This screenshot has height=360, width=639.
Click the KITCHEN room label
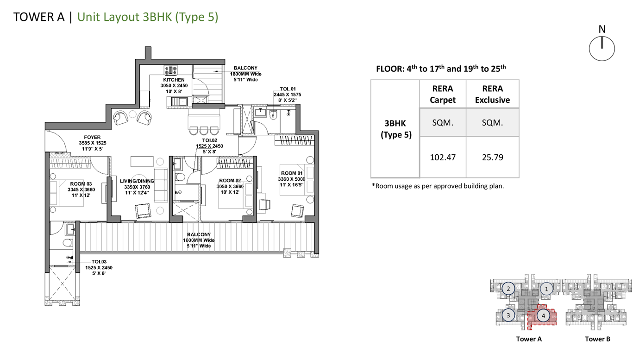tap(174, 80)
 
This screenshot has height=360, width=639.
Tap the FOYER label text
tap(92, 137)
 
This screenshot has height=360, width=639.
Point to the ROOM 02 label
tap(230, 180)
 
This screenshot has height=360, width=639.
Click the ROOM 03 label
tap(81, 184)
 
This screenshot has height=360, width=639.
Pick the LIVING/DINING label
tap(137, 181)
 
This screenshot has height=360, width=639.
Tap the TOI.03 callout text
tap(99, 262)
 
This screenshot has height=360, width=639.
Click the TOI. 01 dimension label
tap(288, 95)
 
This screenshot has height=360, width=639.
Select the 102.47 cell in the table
tap(443, 158)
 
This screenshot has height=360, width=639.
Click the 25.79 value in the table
tap(493, 158)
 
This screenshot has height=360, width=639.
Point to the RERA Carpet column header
tap(443, 94)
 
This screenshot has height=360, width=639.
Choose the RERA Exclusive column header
tap(493, 94)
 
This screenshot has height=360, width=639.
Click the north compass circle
tap(602, 61)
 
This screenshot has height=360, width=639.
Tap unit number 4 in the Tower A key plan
tap(543, 316)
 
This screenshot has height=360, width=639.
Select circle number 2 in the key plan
tap(508, 289)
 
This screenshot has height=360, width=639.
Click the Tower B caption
tap(597, 339)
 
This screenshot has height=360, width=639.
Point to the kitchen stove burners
tap(170, 70)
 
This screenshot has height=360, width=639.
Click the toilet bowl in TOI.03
tap(68, 243)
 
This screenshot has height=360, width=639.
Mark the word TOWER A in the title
tap(39, 17)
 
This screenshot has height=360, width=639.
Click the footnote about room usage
tap(438, 186)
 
